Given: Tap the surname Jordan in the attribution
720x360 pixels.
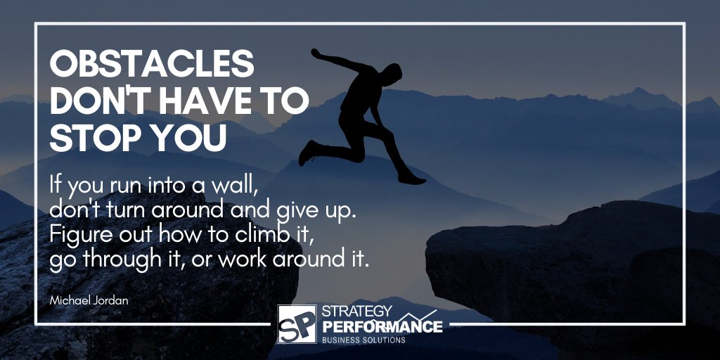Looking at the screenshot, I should pos(112,300).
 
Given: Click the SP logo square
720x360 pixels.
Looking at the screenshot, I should pos(297,324).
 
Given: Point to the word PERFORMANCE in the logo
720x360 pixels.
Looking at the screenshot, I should pos(382,327).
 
